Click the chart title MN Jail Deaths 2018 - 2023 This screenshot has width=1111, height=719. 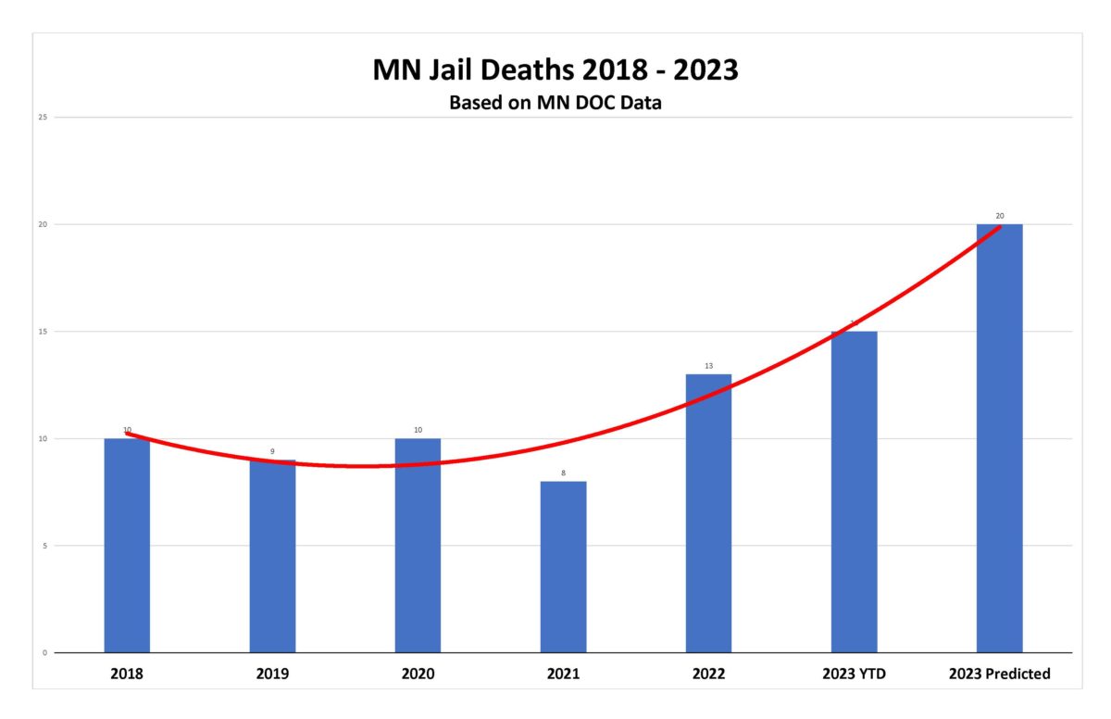coord(555,70)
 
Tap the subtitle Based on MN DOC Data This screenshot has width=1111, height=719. coord(555,103)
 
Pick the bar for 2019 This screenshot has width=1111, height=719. coord(272,556)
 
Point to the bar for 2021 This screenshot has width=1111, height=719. coord(563,566)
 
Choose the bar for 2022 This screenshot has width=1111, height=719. coord(708,513)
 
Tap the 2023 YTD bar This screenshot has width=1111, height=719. coord(854,491)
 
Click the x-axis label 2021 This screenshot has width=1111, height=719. coord(563,675)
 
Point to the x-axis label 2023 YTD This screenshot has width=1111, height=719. coord(854,675)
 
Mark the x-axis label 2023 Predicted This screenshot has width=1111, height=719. coord(999,675)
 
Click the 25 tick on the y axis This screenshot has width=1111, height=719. coord(44,118)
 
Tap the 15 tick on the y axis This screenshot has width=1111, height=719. coord(44,332)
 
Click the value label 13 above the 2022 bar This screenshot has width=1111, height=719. coord(708,366)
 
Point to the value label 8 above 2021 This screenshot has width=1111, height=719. coord(563,473)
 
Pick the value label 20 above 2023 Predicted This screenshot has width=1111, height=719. coord(999,216)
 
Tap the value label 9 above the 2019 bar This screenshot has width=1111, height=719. coord(272,452)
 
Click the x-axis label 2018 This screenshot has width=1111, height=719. coord(127,675)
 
